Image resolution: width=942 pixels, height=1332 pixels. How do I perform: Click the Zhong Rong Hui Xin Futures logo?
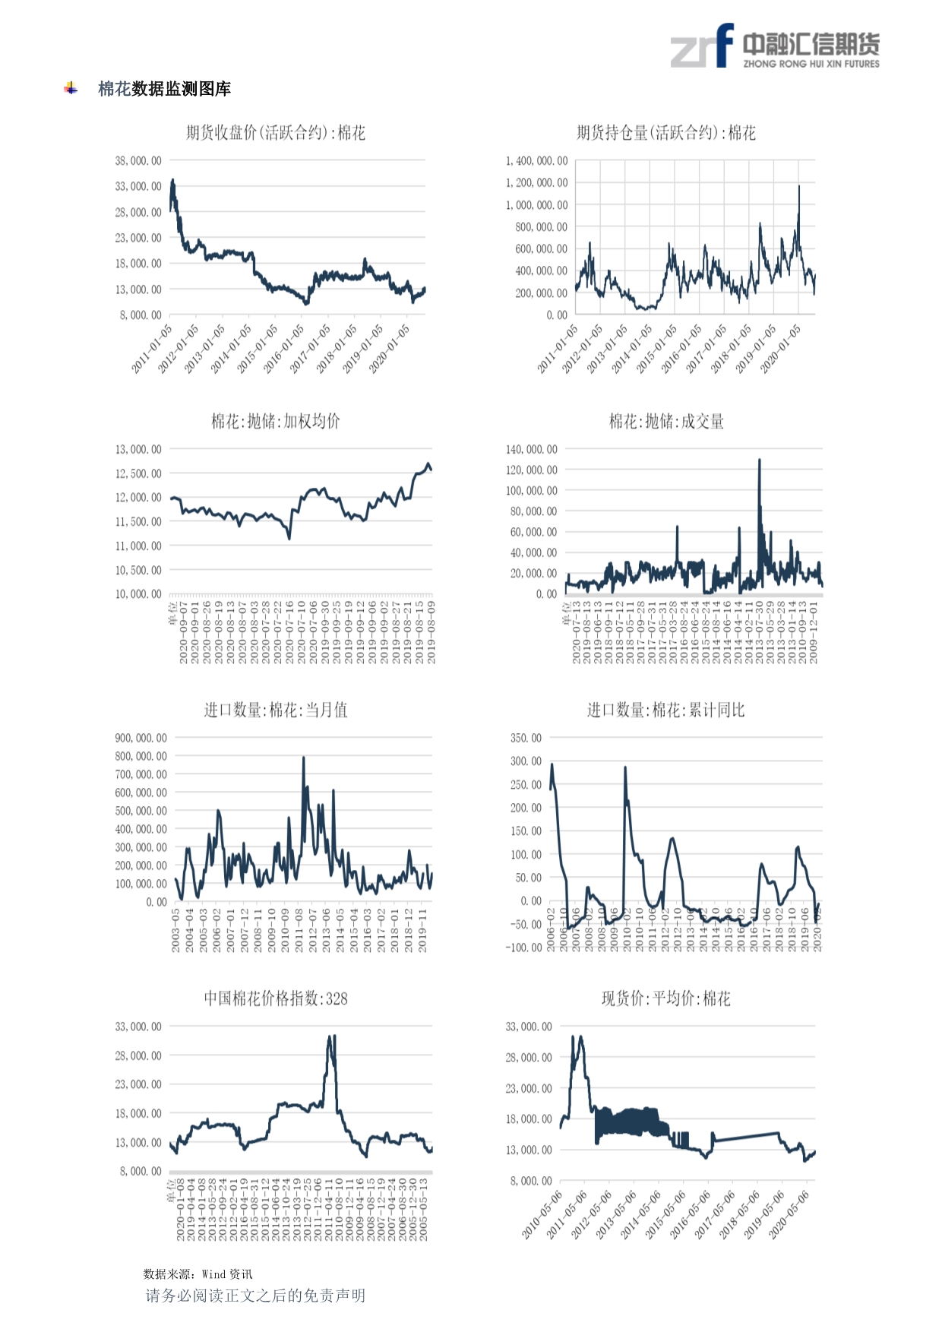[x=775, y=46]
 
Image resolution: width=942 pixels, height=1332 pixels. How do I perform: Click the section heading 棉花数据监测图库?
[x=164, y=89]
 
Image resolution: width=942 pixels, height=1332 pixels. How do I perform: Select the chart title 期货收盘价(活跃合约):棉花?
[x=275, y=133]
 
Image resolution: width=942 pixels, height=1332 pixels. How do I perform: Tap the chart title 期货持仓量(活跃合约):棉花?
[x=665, y=133]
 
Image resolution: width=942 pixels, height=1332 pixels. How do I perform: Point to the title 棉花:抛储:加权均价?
[x=275, y=421]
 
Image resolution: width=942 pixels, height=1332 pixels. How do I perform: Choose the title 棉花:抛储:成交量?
[x=666, y=421]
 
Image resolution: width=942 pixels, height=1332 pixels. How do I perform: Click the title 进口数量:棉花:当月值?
[x=275, y=710]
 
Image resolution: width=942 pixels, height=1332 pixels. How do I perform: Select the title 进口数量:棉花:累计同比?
[x=665, y=710]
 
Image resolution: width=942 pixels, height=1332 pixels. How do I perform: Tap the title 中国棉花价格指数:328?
[x=275, y=998]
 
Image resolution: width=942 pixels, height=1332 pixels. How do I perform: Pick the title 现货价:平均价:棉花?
[x=665, y=998]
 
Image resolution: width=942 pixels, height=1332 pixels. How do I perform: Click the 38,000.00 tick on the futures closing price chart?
[x=138, y=160]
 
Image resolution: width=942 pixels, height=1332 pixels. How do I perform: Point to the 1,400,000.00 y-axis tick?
[x=536, y=160]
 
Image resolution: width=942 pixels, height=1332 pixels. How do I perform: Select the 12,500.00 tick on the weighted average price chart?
[x=138, y=473]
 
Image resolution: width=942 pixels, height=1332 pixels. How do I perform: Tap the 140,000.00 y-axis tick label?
[x=531, y=449]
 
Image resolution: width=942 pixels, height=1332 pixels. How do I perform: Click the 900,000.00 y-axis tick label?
[x=141, y=738]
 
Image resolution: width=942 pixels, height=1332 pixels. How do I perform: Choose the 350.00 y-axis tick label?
[x=526, y=738]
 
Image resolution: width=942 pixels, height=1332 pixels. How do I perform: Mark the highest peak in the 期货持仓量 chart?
[x=798, y=186]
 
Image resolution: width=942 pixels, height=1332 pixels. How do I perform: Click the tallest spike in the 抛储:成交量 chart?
[x=759, y=460]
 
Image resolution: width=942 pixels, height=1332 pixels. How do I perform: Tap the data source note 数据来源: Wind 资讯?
[x=198, y=1273]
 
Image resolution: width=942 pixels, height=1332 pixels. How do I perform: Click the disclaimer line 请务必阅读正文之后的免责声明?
[x=255, y=1295]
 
